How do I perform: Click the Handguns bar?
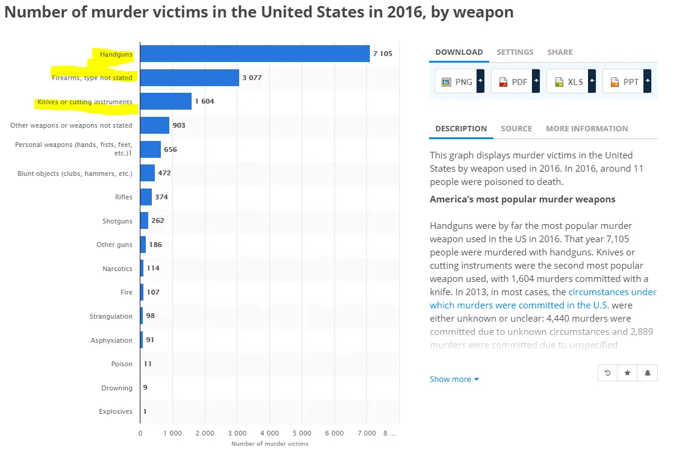point(255,54)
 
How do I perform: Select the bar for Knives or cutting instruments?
point(166,101)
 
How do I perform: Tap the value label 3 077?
point(252,78)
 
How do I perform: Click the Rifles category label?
point(124,197)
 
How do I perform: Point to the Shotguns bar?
point(144,220)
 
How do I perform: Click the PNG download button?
point(459,81)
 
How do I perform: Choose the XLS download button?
point(571,81)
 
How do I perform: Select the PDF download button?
point(514,81)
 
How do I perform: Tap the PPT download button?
point(626,81)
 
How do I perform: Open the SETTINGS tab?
point(514,52)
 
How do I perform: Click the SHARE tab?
point(560,52)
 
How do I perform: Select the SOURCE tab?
point(516,128)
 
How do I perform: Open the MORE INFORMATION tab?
point(587,128)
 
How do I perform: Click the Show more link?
point(454,379)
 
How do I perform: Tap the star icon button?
point(627,373)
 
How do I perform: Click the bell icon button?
point(648,373)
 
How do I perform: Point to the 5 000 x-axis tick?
point(302,433)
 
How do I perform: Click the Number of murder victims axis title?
point(269,444)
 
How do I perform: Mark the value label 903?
point(179,125)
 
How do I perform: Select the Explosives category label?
point(116,411)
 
